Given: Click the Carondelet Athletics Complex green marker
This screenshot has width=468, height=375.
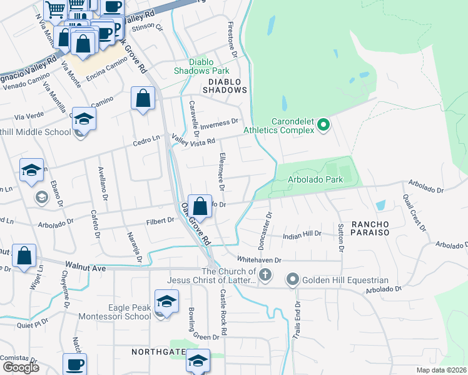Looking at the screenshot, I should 323,126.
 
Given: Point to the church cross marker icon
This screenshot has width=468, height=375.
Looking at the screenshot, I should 265,275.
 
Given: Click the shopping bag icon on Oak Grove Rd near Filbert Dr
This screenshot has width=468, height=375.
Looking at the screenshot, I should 199,206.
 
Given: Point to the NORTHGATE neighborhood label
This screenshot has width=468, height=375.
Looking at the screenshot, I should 158,352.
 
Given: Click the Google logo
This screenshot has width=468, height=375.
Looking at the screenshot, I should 21,367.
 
